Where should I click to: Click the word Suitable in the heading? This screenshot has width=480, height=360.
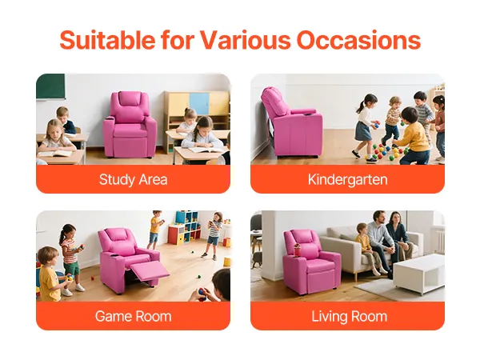pos(107,40)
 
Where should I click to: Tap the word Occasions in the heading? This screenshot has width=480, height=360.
pos(358,40)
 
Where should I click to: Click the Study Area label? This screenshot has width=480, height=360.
pos(133,180)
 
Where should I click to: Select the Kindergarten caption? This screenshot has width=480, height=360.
pos(348,180)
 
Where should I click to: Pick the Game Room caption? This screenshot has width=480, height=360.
pos(133,316)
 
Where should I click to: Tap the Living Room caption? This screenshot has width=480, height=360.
pos(350,316)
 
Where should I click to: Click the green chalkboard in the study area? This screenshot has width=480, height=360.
pos(51,86)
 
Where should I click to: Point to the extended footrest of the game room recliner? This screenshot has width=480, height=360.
pos(150,270)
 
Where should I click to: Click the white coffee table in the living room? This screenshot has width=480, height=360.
pos(419,274)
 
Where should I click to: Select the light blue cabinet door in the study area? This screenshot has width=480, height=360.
pos(199,103)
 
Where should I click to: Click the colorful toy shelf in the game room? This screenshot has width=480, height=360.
pos(185,227)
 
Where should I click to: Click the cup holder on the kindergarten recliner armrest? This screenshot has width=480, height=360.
pos(308,114)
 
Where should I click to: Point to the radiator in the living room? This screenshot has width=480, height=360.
pos(438,240)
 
